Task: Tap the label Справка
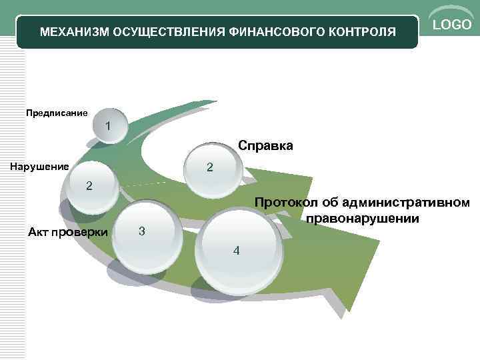[265, 145]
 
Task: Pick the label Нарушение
[39, 166]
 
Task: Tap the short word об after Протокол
[329, 203]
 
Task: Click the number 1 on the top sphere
[108, 125]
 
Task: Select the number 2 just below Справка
[209, 167]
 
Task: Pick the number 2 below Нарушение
[89, 185]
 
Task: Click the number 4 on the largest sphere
[236, 251]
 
